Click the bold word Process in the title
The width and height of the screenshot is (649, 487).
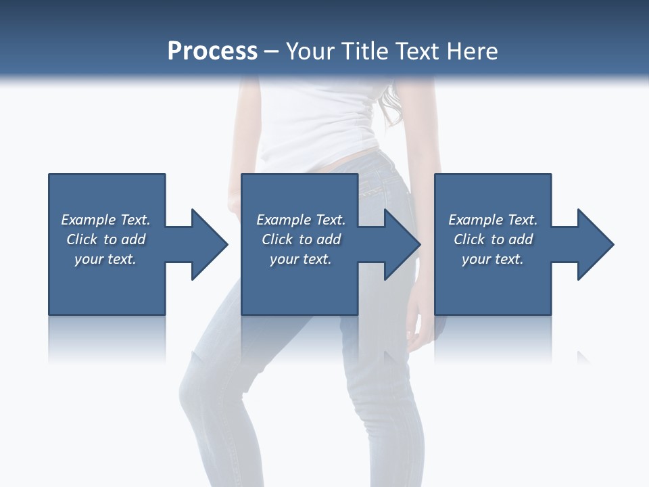212,51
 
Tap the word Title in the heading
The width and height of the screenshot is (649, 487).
364,51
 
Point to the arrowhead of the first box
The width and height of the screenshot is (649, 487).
210,244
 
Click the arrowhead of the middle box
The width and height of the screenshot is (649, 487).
403,244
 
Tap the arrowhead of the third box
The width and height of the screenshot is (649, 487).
596,244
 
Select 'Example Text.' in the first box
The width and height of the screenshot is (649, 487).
105,220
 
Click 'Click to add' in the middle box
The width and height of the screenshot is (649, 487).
301,239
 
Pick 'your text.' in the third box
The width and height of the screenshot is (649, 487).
493,259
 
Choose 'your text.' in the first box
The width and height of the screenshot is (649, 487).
105,259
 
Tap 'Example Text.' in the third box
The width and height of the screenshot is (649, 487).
493,220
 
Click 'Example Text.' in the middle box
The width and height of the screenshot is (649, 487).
301,220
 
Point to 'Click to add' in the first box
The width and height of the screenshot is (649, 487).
105,239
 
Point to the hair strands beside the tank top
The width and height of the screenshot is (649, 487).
392,108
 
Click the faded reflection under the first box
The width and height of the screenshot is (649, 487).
107,338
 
